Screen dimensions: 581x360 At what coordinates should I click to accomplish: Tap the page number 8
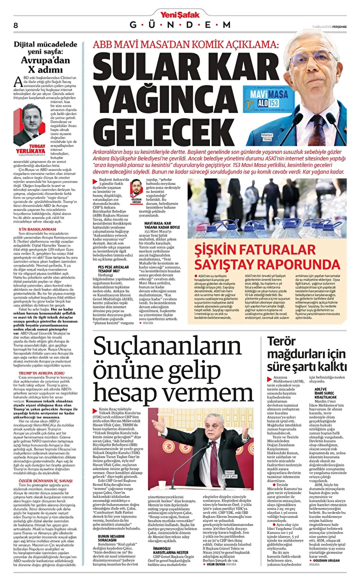pos(15,25)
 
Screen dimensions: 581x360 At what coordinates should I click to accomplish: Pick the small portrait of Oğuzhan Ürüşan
pos(135,188)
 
